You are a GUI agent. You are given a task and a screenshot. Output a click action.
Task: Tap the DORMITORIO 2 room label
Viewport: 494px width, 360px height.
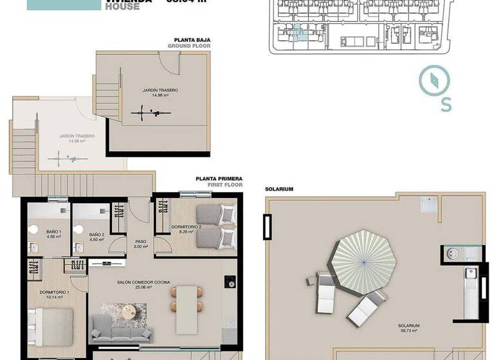[187, 227]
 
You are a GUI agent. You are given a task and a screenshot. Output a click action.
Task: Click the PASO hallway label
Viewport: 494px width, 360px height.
[140, 242]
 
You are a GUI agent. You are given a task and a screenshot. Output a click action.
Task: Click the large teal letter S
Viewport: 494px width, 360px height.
[446, 105]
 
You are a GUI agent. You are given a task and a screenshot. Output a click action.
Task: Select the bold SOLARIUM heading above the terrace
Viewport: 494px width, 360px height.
[279, 190]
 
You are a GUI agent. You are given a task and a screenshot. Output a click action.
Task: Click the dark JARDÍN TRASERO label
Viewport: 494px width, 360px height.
[156, 91]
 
